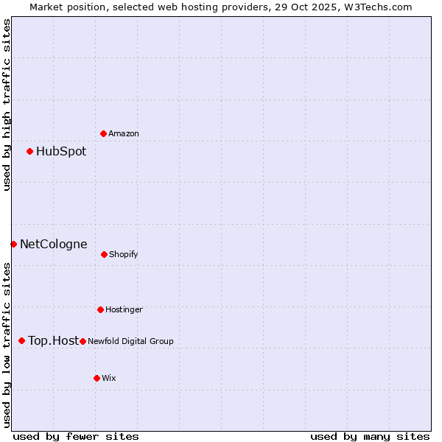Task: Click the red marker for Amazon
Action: [104, 133]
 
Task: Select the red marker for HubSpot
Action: [30, 152]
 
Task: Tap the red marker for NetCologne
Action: [13, 244]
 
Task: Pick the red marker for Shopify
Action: [104, 254]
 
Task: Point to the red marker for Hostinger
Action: [100, 309]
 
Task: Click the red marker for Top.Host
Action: [22, 340]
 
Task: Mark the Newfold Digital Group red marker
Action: [83, 341]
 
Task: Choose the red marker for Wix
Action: [97, 378]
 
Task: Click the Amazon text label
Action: [124, 133]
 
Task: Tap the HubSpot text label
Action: [61, 152]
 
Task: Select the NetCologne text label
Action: [54, 244]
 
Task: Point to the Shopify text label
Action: [124, 254]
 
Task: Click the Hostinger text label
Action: [124, 309]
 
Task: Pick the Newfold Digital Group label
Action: [131, 341]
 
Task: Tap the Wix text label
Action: [109, 378]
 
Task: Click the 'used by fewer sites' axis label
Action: [76, 436]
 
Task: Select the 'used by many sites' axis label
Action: [370, 436]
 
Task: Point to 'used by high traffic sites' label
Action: [7, 105]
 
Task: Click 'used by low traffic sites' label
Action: [7, 345]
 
